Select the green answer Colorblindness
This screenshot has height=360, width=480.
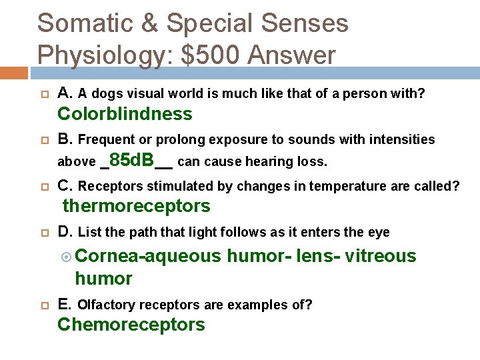[125, 114]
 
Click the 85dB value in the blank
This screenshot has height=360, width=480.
[131, 160]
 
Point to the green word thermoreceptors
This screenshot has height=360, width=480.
[136, 207]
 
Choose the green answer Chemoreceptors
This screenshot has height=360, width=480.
[131, 325]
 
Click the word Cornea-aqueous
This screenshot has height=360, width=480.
[147, 256]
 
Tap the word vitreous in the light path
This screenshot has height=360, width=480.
[381, 256]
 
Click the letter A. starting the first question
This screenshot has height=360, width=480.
[65, 93]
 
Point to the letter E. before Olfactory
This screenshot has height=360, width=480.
[65, 305]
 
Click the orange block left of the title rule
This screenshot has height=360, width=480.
[13, 73]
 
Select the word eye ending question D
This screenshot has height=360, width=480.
[379, 233]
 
